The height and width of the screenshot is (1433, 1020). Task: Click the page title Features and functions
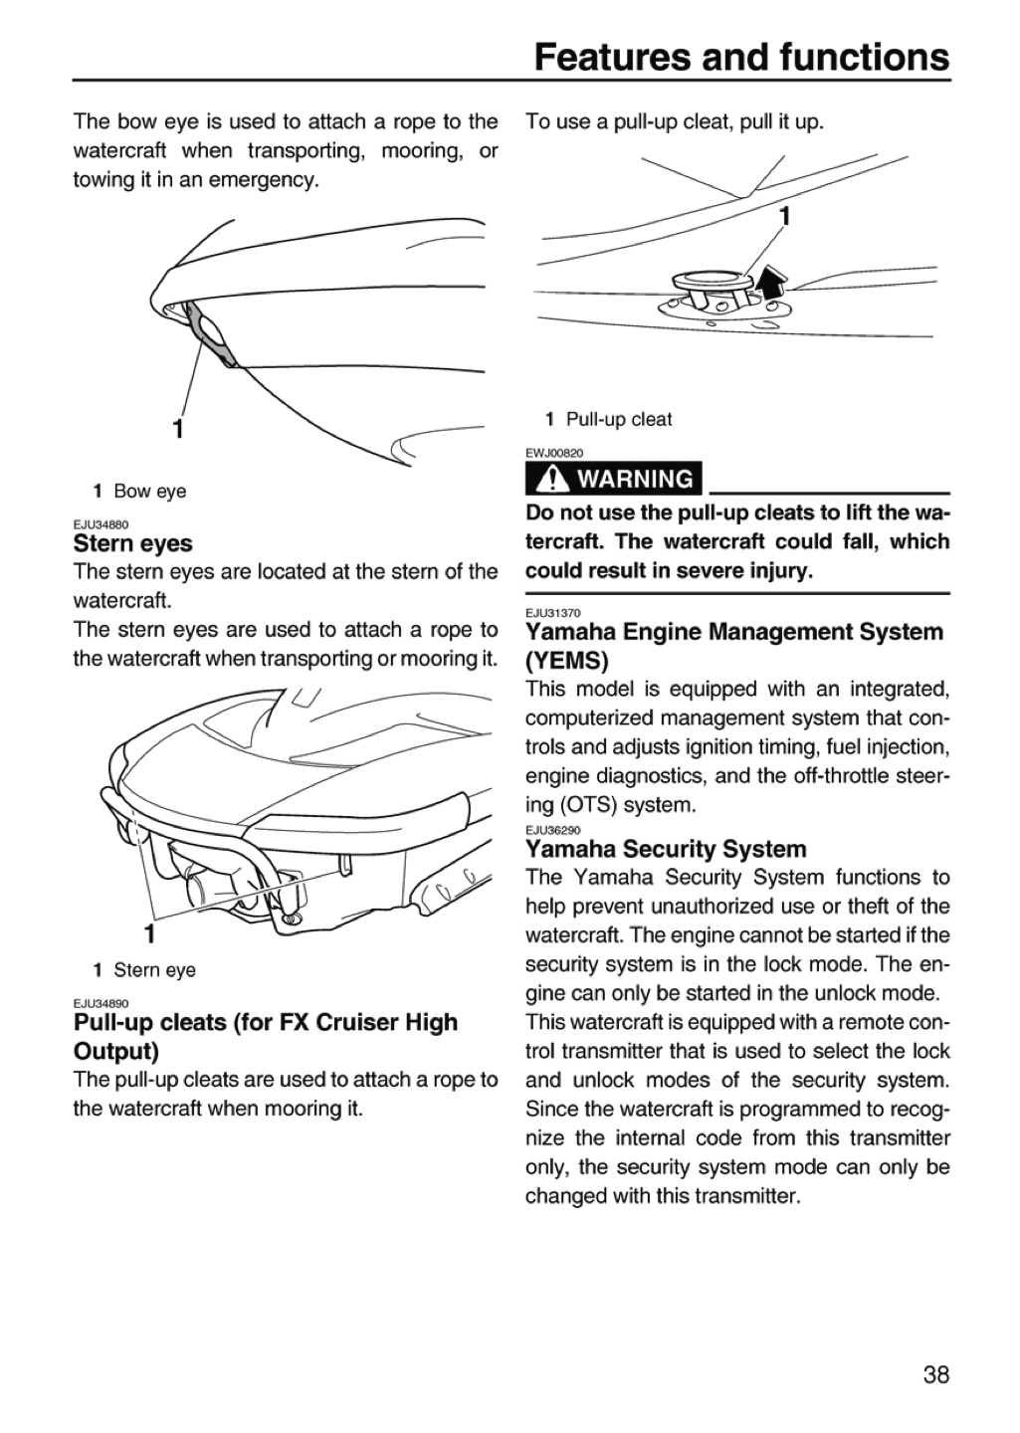(741, 57)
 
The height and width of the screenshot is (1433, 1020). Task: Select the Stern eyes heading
(133, 543)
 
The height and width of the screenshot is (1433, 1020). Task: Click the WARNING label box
(613, 479)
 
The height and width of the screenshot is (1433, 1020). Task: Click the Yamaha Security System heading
(666, 849)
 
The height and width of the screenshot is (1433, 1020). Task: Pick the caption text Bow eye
(149, 492)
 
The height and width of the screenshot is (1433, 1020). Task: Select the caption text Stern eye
(155, 970)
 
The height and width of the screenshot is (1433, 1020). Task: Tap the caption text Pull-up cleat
(619, 420)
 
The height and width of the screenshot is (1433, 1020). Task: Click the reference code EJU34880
(102, 524)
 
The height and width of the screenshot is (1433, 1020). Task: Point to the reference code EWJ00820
(554, 453)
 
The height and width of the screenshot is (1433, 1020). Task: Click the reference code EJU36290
(553, 830)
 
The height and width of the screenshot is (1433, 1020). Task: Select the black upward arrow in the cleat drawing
(771, 279)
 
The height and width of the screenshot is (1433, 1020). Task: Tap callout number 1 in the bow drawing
(178, 428)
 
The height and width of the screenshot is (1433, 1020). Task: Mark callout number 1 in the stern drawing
(149, 933)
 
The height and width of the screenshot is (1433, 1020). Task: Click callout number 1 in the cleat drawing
(784, 216)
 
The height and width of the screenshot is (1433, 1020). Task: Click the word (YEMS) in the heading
(567, 661)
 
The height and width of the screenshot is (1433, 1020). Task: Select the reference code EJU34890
(102, 1003)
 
